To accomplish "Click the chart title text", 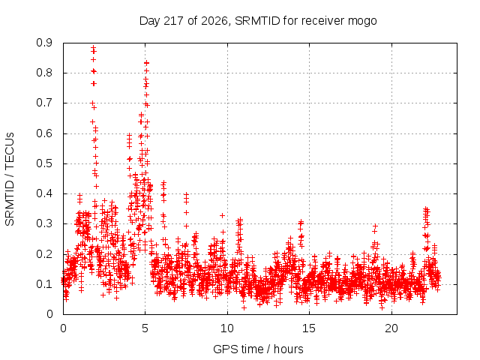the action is [x=258, y=21].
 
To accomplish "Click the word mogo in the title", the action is [x=362, y=22].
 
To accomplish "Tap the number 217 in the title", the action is [x=173, y=21].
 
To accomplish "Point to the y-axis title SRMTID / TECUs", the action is [x=10, y=179].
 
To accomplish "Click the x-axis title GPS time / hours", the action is [x=258, y=349].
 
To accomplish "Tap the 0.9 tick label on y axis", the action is [x=44, y=43].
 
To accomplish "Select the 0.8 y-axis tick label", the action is [x=44, y=73].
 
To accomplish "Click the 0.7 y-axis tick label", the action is [x=44, y=103].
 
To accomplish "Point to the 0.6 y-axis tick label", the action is [x=44, y=133].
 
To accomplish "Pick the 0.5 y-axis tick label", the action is [x=44, y=163].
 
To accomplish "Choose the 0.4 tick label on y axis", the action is [x=44, y=193].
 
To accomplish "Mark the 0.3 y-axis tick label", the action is [x=44, y=223].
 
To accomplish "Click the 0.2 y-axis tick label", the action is [x=44, y=254].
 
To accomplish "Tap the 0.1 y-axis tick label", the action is [x=44, y=284].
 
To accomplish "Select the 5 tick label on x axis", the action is [x=145, y=328].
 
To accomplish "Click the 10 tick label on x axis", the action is [x=226, y=328].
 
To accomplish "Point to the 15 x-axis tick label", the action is [x=309, y=328].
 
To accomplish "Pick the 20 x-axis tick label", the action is [x=391, y=328].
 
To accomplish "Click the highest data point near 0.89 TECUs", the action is [x=93, y=47].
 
